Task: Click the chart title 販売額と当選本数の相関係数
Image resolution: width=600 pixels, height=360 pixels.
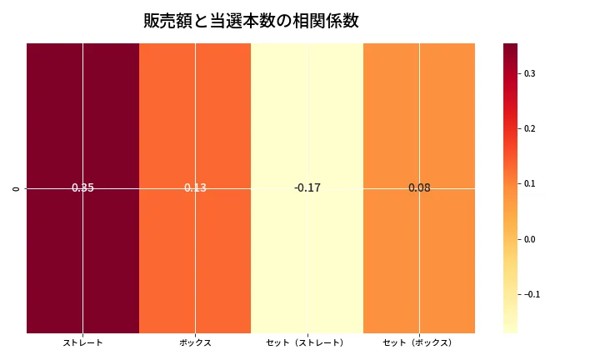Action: tap(251, 21)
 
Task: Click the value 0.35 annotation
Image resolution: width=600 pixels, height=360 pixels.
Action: tap(82, 188)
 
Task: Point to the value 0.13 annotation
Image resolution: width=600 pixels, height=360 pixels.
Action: tap(195, 188)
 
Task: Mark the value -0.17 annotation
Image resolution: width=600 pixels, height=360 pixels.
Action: tap(307, 188)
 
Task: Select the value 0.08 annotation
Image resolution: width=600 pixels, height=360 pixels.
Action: tap(419, 188)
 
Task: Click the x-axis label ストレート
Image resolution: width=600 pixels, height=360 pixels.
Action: tap(82, 342)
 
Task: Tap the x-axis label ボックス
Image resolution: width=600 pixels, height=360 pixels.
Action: tap(195, 342)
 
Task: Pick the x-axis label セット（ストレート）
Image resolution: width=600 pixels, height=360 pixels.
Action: tap(307, 342)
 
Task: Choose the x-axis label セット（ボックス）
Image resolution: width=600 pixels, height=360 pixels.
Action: tap(419, 342)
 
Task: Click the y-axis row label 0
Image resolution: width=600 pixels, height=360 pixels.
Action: tap(17, 188)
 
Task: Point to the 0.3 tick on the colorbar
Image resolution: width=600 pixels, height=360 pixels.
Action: tap(529, 73)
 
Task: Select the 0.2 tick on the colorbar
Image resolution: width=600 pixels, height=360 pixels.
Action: tap(529, 128)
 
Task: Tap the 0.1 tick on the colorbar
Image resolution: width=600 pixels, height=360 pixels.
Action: tap(529, 183)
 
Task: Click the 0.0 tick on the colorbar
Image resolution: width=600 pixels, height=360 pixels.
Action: tap(529, 239)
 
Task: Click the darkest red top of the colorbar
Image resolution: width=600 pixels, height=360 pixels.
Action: tap(510, 47)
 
